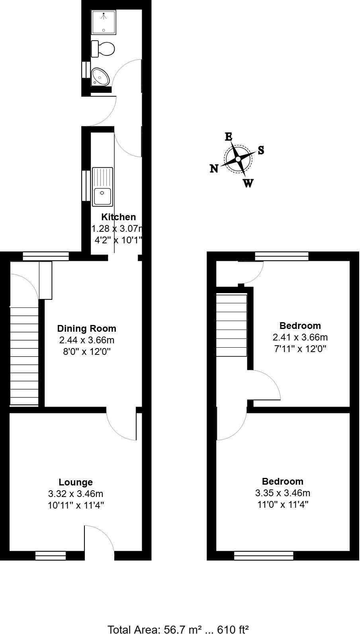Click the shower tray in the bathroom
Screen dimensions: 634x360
coord(103,23)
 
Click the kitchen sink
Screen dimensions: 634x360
coord(102,187)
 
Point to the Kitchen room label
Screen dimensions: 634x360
coord(118,217)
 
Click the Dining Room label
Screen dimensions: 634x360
coord(87,329)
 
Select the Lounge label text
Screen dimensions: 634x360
coord(76,482)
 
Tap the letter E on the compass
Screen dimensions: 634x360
coord(229,137)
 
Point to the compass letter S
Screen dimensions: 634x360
coord(261,150)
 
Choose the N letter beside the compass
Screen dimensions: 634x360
coord(214,169)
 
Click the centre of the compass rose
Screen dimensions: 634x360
coord(238,159)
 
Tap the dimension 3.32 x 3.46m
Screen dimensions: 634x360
coord(76,494)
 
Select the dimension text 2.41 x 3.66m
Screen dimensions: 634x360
coord(300,337)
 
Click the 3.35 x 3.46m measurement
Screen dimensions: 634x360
coord(283,493)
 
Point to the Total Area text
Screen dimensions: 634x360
coord(178,629)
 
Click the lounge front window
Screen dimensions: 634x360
coord(51,555)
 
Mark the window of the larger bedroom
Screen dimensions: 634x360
coord(264,555)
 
